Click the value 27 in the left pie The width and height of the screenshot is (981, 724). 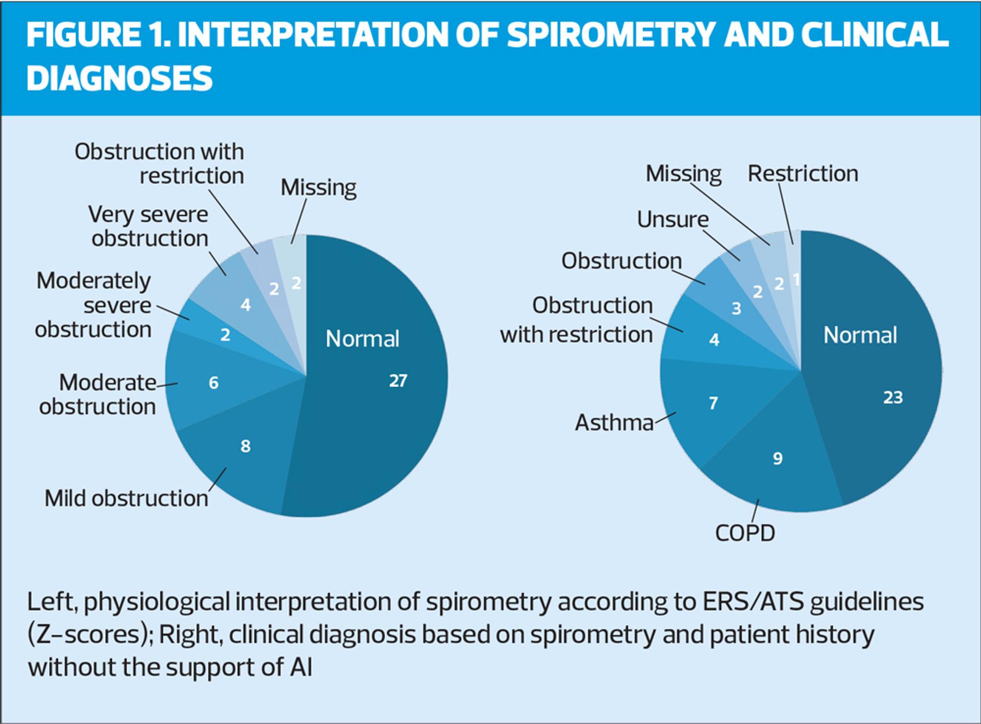point(398,381)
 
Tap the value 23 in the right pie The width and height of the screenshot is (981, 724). point(893,398)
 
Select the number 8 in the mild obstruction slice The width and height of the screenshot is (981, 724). point(245,446)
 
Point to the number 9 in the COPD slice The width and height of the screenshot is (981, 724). point(777,458)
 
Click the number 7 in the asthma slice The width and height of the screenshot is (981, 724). point(713,403)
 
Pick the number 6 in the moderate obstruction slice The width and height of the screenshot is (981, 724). point(214,383)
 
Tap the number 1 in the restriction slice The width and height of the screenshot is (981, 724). point(796,279)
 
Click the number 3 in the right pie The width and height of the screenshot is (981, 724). point(736,309)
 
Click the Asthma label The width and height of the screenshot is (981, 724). point(614,423)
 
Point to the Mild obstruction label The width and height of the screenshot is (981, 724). point(126,498)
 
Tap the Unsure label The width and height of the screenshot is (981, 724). point(672,220)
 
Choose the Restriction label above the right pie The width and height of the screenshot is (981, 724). point(803,174)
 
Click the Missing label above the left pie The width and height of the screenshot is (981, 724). point(318,188)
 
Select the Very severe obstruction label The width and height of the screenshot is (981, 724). point(149,226)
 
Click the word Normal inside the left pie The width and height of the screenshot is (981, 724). point(362,339)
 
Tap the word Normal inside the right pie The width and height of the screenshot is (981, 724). point(860,335)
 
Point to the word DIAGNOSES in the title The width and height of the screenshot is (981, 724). point(119,79)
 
